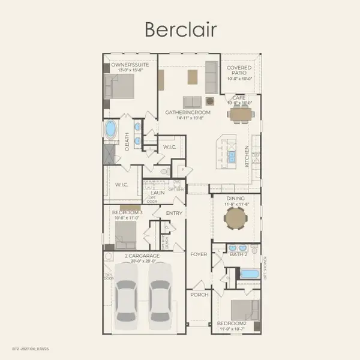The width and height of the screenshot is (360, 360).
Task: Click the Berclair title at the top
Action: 179,28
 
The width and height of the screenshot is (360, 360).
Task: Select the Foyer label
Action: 199,254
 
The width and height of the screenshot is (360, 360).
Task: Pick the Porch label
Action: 199,295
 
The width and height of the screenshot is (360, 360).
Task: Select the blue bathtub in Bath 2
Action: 248,274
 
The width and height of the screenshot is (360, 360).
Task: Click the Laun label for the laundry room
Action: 158,193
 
